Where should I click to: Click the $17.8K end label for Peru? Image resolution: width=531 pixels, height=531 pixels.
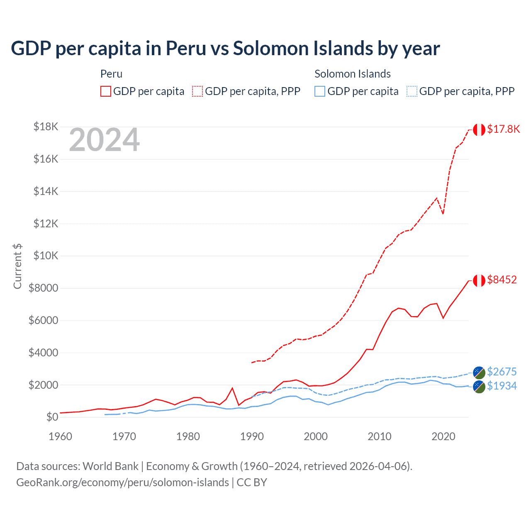(503, 129)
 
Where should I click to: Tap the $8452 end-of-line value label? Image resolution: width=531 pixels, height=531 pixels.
(502, 280)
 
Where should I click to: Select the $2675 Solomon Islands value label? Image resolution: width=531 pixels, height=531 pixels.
(502, 372)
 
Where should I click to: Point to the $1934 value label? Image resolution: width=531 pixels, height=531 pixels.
(502, 386)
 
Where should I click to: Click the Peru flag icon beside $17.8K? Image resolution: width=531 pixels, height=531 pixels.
(479, 130)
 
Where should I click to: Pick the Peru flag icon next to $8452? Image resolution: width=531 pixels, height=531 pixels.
(479, 280)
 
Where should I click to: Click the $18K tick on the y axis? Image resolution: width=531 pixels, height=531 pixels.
(46, 127)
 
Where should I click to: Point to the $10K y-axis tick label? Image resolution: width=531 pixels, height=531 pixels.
(46, 256)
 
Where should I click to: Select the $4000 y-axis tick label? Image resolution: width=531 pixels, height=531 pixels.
(43, 353)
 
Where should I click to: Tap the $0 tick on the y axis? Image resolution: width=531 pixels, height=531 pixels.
(52, 417)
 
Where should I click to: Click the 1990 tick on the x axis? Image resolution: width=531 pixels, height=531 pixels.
(252, 436)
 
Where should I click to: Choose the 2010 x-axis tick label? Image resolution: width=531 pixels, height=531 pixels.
(380, 436)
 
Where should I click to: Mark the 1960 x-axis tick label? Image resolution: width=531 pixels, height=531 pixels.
(61, 436)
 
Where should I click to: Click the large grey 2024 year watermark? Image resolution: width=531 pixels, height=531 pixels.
(104, 140)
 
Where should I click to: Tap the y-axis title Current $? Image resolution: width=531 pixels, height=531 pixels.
(17, 266)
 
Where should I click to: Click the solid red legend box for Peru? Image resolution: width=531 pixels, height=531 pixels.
(106, 91)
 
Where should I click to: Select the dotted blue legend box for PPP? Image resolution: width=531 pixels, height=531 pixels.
(412, 91)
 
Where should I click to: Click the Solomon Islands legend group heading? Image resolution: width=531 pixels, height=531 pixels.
(353, 74)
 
